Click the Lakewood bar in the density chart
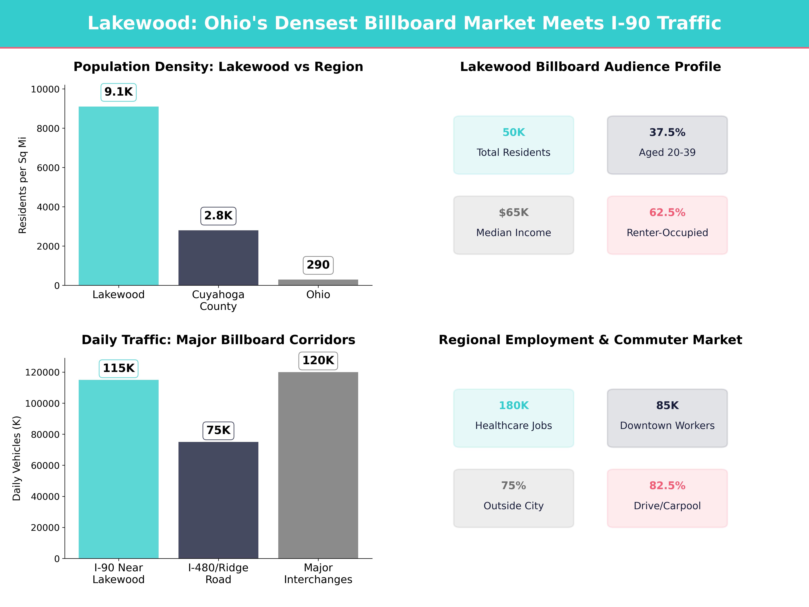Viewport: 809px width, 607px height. point(118,196)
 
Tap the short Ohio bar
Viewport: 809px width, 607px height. point(318,282)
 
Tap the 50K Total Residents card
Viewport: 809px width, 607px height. point(514,145)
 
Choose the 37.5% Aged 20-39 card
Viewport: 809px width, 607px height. point(667,145)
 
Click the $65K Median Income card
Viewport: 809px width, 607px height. point(514,225)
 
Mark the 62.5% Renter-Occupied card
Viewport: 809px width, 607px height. point(667,225)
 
